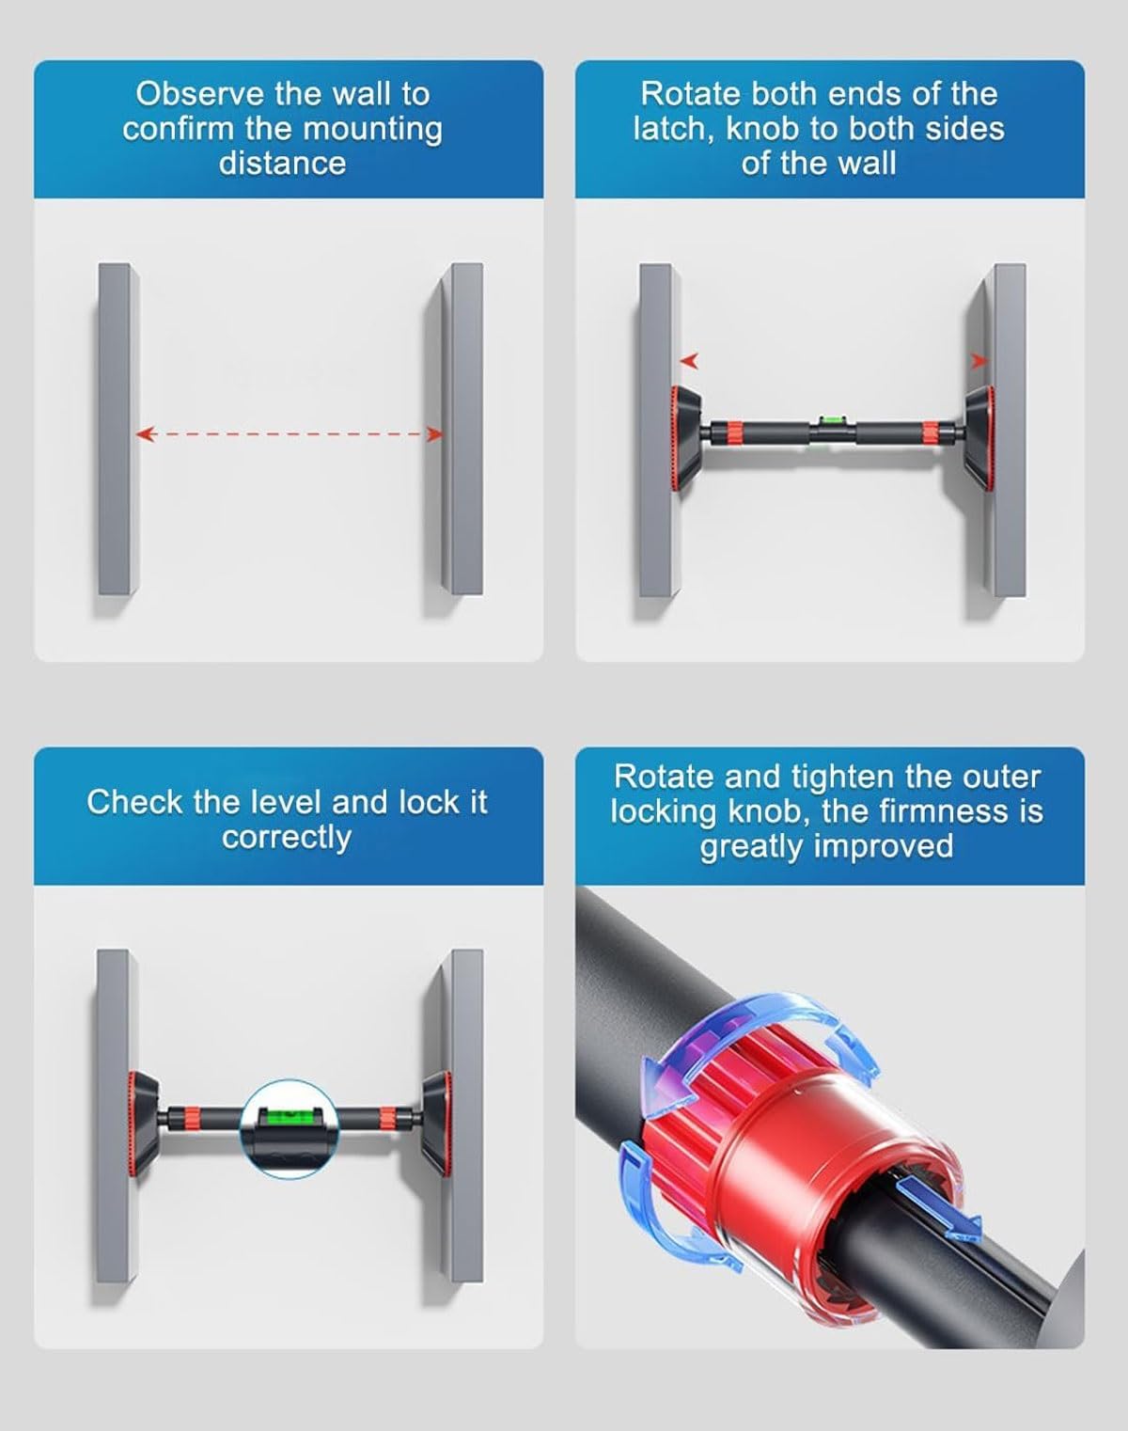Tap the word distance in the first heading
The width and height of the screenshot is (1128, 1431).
coord(283,164)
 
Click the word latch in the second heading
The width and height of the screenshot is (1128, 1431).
coord(674,129)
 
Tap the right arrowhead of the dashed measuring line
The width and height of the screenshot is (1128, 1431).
coord(433,435)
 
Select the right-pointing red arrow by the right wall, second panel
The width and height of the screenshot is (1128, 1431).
coord(979,361)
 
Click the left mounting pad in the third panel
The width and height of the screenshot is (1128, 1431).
coord(144,1124)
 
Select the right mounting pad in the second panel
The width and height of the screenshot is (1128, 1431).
coord(978,438)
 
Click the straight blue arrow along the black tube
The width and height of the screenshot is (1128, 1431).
coord(938,1207)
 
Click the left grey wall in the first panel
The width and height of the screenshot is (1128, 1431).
coord(118,429)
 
